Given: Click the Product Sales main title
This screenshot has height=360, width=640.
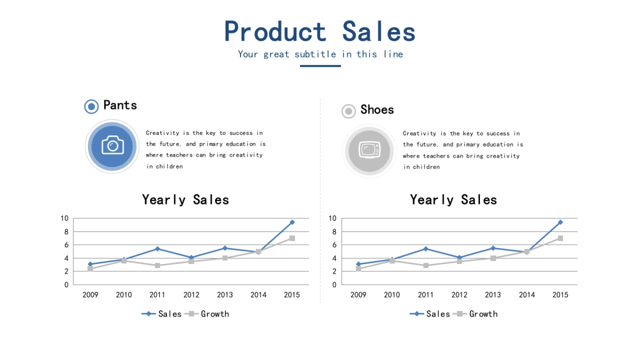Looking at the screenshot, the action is (319, 31).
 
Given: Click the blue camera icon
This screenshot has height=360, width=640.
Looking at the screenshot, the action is (113, 145).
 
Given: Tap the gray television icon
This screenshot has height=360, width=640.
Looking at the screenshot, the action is (370, 150).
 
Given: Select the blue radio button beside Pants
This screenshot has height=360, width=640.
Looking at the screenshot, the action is (91, 107).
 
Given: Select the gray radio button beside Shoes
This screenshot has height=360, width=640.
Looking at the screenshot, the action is (349, 111).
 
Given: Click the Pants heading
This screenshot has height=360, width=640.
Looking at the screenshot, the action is (120, 105).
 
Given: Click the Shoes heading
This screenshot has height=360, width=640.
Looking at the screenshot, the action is (377, 110).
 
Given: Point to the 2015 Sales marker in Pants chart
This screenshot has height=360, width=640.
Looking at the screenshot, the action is (292, 222).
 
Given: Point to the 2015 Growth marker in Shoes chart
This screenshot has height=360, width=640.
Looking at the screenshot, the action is (561, 238).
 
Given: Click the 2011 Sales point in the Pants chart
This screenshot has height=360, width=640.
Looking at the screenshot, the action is (157, 249).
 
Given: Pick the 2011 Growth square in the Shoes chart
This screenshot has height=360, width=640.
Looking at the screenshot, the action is (426, 266).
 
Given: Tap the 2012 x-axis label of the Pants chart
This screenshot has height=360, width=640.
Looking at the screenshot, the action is (191, 295).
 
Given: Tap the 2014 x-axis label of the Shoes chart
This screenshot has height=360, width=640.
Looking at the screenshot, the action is (527, 295).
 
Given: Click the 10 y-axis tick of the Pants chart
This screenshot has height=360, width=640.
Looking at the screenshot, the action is (65, 219).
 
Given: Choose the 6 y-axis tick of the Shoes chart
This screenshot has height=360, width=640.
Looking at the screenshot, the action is (334, 245).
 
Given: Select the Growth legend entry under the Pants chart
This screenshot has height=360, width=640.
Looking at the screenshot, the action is (207, 314).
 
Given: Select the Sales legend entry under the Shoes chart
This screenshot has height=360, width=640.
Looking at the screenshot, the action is (430, 314).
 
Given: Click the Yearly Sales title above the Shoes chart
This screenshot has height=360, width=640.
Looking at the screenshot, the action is (453, 199).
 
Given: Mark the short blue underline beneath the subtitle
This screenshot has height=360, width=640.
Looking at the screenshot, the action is (321, 66).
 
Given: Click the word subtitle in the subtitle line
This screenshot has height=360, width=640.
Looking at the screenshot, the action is (315, 54).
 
